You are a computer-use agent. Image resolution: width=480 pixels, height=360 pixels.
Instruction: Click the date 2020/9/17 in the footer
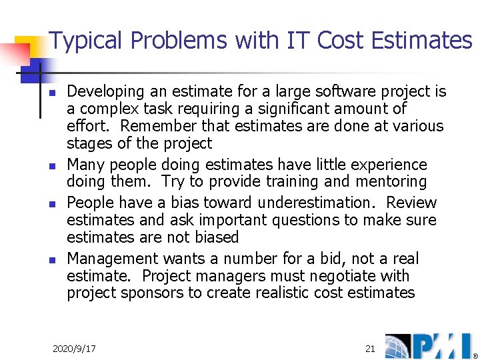point(74,349)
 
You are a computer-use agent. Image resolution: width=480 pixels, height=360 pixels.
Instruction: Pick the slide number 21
point(370,349)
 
